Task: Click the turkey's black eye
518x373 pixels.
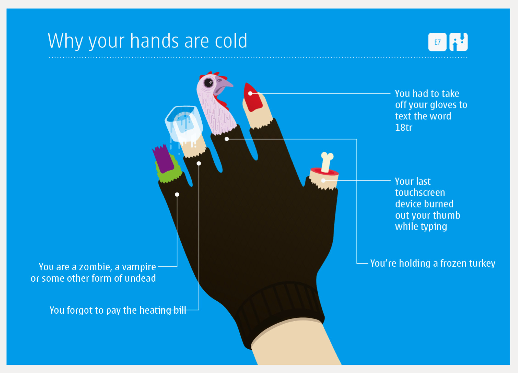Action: [x=208, y=82]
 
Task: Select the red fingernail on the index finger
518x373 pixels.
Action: [x=252, y=97]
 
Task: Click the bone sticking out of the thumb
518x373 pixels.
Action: [x=327, y=162]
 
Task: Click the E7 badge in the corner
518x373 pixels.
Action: [x=437, y=42]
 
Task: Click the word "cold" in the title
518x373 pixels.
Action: [x=231, y=41]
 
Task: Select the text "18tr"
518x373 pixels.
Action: [x=404, y=128]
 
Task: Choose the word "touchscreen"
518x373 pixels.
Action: [x=420, y=193]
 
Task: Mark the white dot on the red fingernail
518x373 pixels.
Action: [x=250, y=94]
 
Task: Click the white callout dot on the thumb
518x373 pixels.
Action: [x=323, y=180]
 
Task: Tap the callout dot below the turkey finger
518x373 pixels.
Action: [x=227, y=139]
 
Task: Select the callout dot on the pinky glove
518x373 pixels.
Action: [x=177, y=194]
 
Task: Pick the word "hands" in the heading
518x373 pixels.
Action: [x=154, y=41]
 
